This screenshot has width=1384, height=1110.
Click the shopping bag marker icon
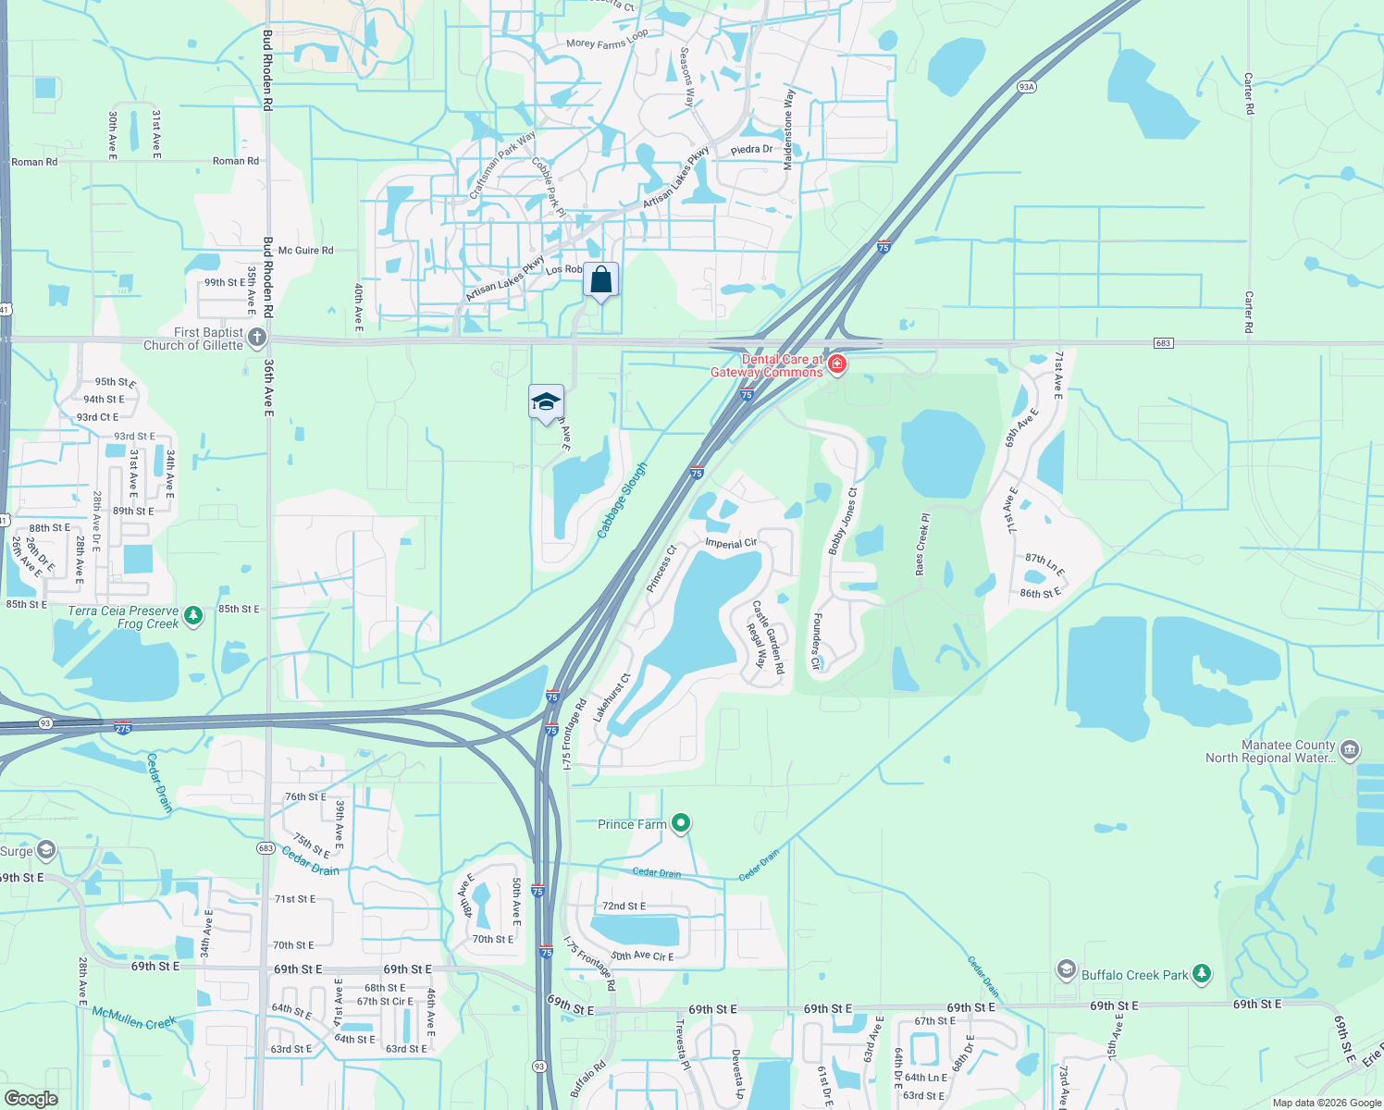(600, 279)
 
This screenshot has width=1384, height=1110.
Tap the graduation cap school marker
(546, 401)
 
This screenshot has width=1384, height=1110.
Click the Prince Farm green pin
(681, 821)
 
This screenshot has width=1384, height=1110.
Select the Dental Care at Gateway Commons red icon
(837, 364)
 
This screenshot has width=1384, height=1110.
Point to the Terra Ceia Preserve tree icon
(193, 615)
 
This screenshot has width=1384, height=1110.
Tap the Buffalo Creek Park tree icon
(1202, 973)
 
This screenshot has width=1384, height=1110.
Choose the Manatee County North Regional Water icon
(1350, 749)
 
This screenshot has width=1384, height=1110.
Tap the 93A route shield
(1026, 87)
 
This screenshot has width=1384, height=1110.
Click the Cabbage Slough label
(622, 500)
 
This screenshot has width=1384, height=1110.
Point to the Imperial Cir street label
(731, 543)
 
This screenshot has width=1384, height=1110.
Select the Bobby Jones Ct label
(843, 522)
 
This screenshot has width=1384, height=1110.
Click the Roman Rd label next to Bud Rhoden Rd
(236, 161)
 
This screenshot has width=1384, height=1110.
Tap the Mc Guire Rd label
(305, 251)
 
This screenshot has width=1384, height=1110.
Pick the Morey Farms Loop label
(607, 39)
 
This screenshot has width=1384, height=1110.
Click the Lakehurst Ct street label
(612, 697)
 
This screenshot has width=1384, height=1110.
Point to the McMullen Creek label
(133, 1017)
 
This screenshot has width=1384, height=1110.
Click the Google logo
(31, 1098)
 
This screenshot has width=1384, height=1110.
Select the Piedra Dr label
(751, 149)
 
